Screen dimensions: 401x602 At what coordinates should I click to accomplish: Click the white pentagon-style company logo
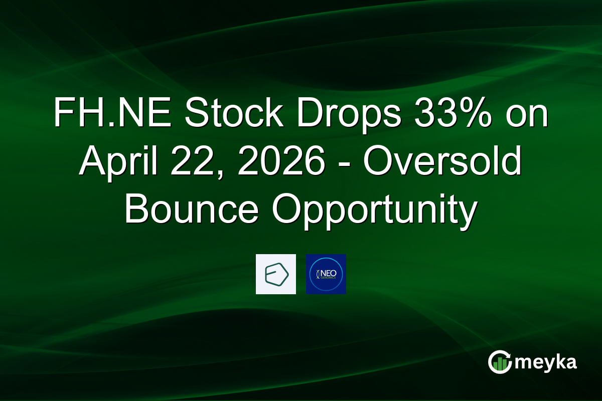coord(276,274)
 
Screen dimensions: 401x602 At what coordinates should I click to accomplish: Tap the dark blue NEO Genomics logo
coord(326,274)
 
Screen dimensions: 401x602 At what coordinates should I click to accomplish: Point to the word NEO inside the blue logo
coord(329,272)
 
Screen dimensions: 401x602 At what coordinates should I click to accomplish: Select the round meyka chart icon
coord(500,362)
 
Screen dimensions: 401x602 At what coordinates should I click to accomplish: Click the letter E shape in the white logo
coord(275,275)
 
